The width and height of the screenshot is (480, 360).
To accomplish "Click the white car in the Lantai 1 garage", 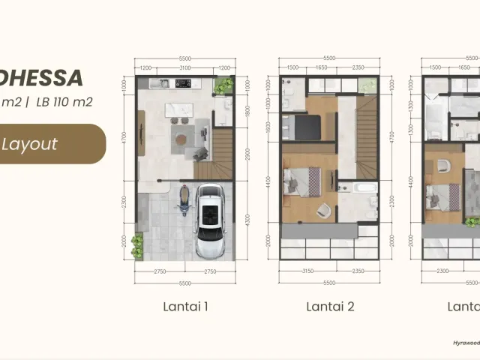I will (208, 221).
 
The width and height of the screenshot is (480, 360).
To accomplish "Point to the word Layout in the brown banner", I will (29, 144).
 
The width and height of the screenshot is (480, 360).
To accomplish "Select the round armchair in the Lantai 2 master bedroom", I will (322, 210).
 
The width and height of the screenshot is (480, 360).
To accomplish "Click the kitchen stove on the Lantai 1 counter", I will (184, 82).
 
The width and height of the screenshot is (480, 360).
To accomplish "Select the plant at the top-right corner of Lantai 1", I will (223, 86).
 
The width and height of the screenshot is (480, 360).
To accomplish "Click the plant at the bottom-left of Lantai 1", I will (137, 244).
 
